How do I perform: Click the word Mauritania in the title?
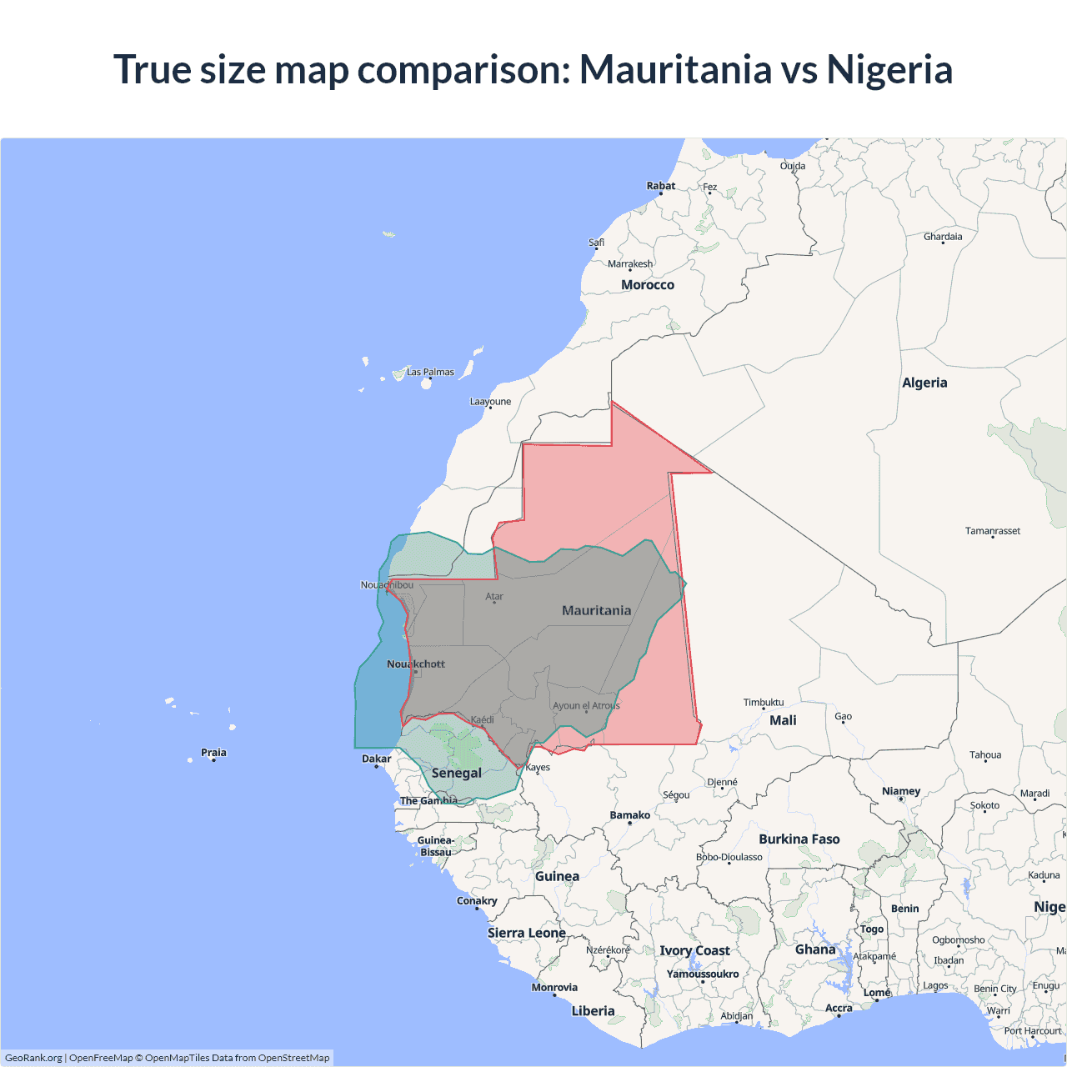[675, 69]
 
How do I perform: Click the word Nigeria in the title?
[889, 69]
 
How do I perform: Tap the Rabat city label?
[661, 186]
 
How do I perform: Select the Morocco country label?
[648, 285]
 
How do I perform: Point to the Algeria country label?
[924, 383]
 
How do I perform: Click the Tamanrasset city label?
[992, 531]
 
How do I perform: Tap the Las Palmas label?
[430, 372]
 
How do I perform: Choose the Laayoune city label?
[490, 402]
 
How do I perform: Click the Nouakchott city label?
[416, 664]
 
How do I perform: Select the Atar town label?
[494, 597]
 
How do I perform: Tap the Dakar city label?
[377, 759]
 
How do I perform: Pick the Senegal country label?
[457, 773]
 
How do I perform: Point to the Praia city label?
[213, 753]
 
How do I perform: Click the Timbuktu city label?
[764, 703]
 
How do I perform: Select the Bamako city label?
[630, 815]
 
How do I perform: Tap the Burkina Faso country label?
[799, 839]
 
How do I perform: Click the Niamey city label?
[901, 791]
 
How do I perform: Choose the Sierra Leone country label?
[527, 933]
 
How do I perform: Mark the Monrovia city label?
[554, 988]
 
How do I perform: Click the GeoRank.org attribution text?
[33, 1058]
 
